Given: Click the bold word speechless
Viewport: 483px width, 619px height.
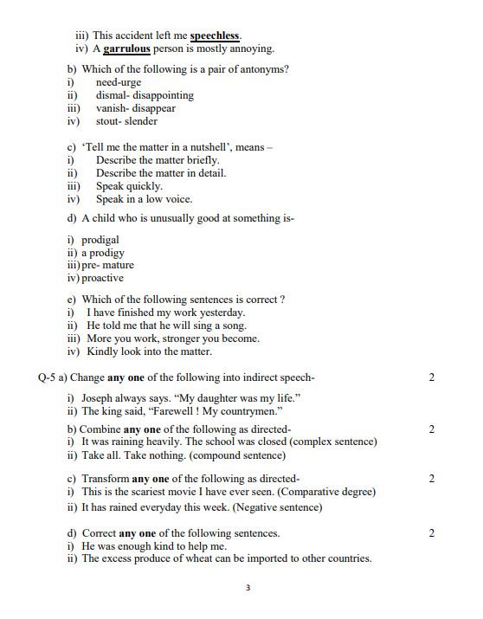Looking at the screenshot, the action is [x=216, y=35].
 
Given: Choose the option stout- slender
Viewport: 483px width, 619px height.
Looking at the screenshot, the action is [x=126, y=121].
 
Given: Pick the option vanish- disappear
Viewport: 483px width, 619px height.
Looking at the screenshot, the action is [x=135, y=108].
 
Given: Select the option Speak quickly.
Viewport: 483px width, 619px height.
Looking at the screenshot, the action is [x=129, y=186].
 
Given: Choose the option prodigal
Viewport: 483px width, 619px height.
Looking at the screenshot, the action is [x=100, y=240].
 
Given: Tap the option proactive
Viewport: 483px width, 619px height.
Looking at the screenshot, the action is [x=102, y=279].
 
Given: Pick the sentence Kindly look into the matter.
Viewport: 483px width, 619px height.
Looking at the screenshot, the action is [x=149, y=351].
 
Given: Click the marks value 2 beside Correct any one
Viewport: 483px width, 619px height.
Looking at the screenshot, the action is [x=431, y=533].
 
